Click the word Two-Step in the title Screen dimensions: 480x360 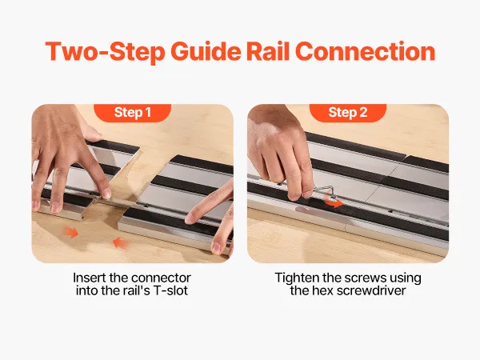click(105, 51)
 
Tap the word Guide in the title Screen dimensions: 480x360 click(206, 51)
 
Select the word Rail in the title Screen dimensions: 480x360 click(268, 51)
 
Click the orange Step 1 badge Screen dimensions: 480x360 click(132, 113)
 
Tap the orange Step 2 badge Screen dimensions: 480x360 click(348, 113)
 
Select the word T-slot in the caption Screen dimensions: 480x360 click(170, 290)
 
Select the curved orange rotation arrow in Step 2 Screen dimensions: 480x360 click(334, 202)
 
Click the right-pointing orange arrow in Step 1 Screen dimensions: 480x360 click(70, 232)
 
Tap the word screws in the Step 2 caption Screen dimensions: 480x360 click(366, 278)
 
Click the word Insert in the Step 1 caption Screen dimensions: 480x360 click(89, 278)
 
